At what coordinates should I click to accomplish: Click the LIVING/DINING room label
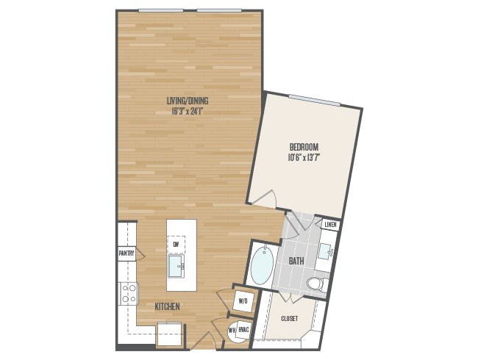click(x=188, y=101)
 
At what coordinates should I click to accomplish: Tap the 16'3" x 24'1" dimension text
click(x=188, y=112)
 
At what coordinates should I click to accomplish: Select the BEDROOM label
click(x=304, y=147)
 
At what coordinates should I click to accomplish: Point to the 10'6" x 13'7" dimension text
click(x=304, y=158)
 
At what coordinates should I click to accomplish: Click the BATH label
click(x=296, y=261)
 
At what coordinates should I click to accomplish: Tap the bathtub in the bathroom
click(x=263, y=265)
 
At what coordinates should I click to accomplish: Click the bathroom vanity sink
click(x=325, y=251)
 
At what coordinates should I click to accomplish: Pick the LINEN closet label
click(x=330, y=225)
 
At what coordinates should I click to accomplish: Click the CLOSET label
click(x=289, y=319)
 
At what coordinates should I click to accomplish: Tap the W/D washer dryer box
click(x=243, y=301)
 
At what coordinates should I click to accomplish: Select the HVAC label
click(x=244, y=330)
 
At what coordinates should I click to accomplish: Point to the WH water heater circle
click(x=233, y=331)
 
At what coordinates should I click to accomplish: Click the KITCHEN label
click(x=167, y=306)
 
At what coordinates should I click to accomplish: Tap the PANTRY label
click(x=126, y=253)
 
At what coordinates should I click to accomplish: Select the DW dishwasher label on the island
click(x=176, y=244)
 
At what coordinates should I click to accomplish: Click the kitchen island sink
click(x=176, y=266)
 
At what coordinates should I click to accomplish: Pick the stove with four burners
click(x=129, y=293)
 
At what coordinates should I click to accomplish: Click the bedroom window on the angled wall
click(x=314, y=100)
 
